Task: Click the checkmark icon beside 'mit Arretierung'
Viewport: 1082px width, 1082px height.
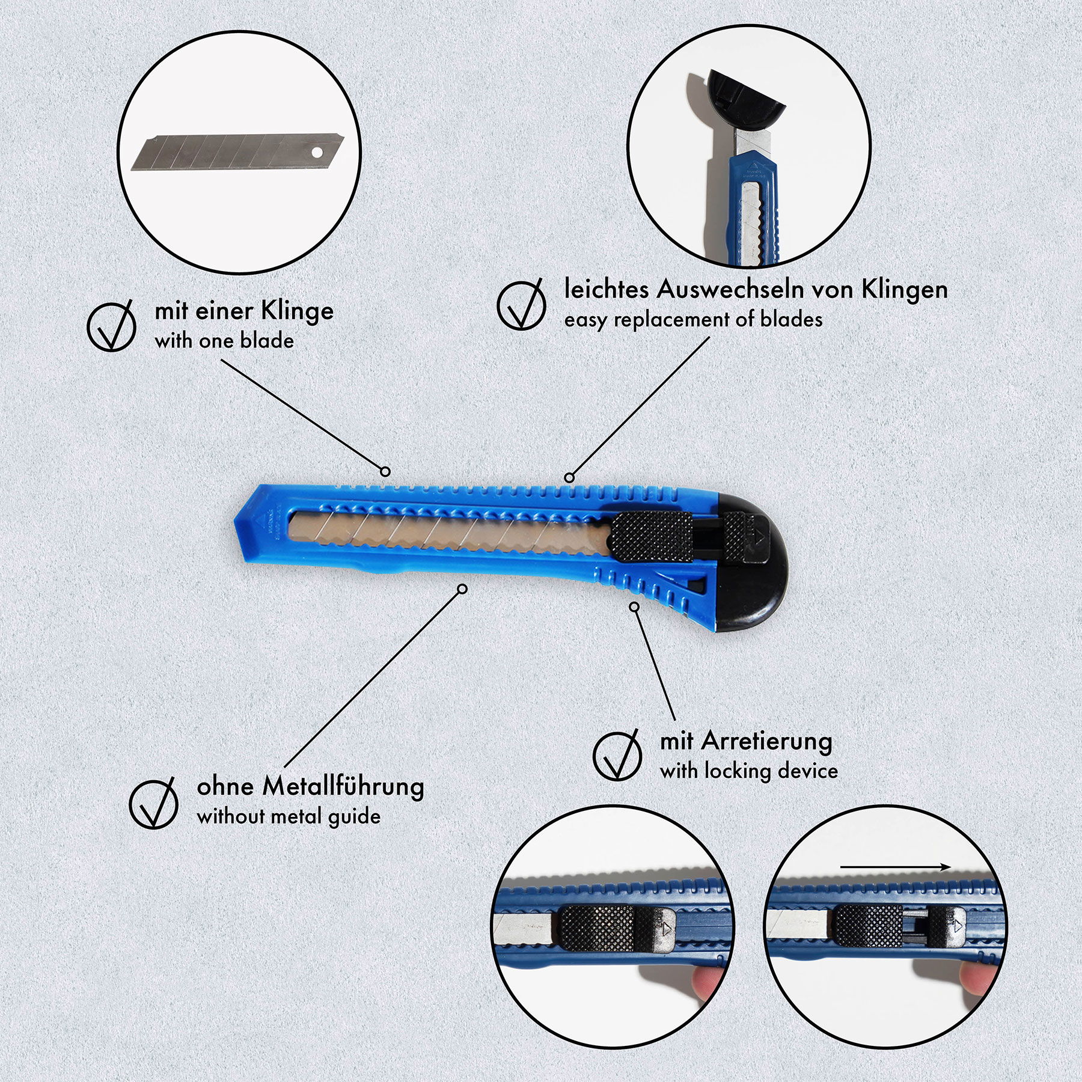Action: [x=617, y=755]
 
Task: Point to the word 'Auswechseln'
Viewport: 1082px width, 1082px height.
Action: [x=730, y=290]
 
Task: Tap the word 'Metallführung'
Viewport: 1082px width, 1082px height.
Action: [x=343, y=787]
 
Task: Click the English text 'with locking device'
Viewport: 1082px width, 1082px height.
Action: [x=749, y=771]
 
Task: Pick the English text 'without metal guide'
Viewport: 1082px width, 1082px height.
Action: [x=289, y=816]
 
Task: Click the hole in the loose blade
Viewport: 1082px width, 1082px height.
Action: [x=316, y=153]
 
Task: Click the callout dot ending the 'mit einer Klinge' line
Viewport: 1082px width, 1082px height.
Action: [x=385, y=471]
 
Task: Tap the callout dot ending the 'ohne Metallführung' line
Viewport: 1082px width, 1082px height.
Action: [x=462, y=589]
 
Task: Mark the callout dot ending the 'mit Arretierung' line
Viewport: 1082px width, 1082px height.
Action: [x=634, y=607]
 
